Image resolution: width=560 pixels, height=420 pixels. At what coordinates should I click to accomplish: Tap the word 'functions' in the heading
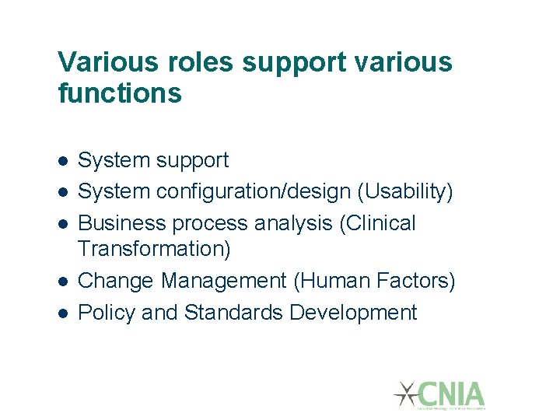click(120, 94)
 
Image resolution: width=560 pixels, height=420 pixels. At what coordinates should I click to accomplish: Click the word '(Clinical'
click(378, 223)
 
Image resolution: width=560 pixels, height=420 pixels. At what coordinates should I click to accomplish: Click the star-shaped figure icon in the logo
click(406, 394)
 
